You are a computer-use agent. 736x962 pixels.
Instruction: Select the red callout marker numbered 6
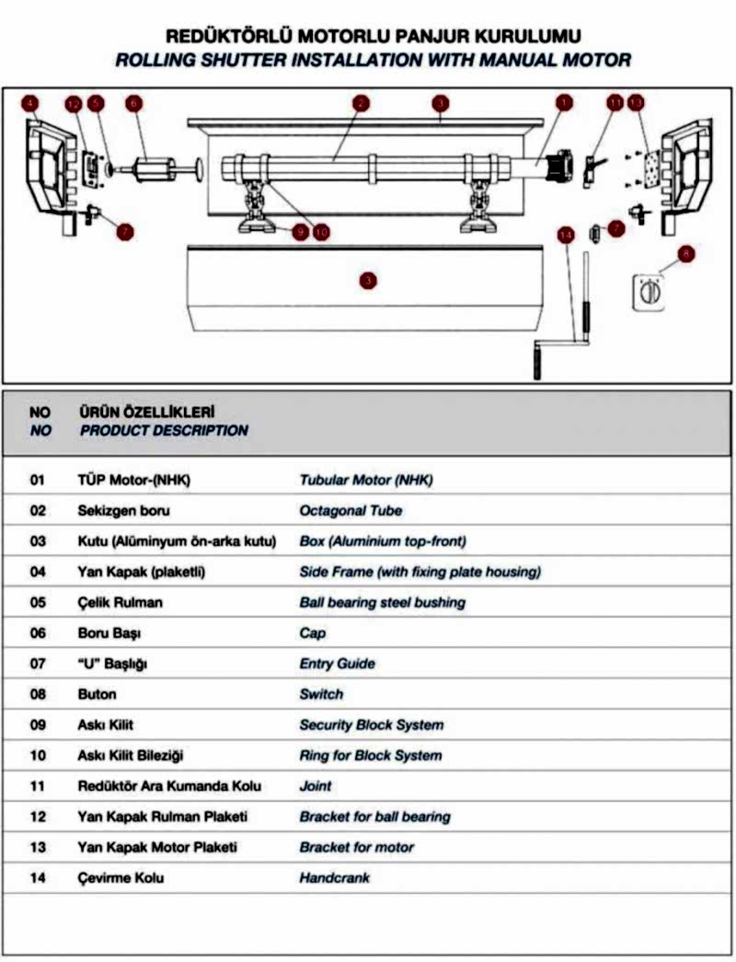(134, 104)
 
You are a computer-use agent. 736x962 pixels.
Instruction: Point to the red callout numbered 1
(564, 104)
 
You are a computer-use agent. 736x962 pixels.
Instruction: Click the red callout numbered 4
(32, 104)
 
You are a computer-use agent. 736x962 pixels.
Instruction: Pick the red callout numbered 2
(361, 104)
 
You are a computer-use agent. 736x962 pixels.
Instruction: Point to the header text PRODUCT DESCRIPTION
(164, 430)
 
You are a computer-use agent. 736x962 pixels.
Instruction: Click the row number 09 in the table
(38, 724)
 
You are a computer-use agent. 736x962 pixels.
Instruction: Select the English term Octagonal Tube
(351, 510)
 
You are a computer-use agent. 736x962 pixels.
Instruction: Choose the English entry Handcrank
(334, 878)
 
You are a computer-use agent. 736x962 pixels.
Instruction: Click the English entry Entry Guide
(337, 664)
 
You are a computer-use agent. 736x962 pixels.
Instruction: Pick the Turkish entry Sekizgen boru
(125, 510)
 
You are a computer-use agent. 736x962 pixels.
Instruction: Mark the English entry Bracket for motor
(356, 847)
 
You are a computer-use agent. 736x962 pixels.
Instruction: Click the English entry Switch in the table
(321, 694)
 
